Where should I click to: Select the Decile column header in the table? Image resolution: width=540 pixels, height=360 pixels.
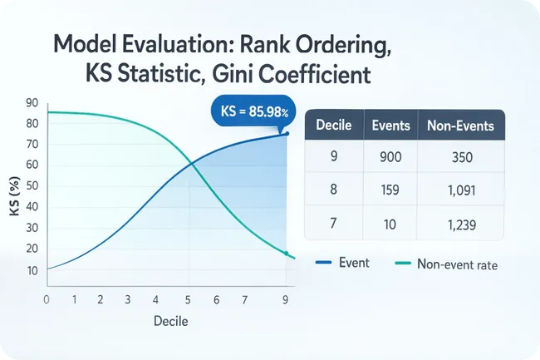pos(336,126)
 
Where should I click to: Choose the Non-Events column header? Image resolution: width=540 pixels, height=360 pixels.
pos(459,126)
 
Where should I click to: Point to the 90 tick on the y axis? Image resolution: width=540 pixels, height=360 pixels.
pos(32,103)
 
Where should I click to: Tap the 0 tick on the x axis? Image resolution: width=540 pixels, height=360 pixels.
pos(46,298)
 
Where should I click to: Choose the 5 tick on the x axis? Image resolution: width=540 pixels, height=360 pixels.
pos(188,298)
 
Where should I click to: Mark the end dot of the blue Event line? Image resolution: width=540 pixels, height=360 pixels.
pos(287,134)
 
